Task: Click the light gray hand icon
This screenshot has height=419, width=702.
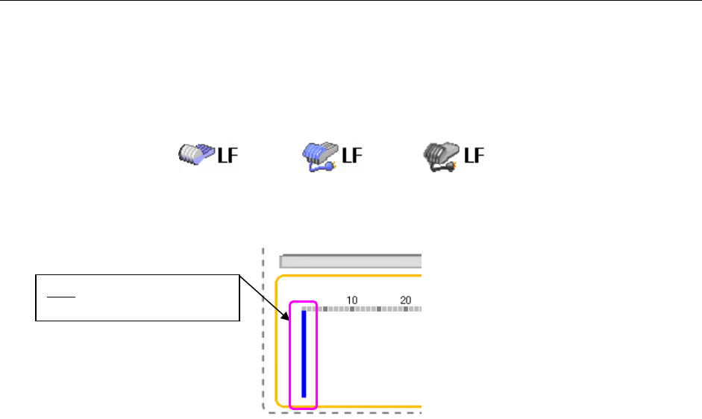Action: tap(194, 155)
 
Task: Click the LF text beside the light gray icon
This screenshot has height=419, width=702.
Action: tap(224, 155)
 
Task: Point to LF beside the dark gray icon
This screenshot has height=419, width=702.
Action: tap(474, 155)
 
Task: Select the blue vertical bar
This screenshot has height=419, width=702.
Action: tap(304, 353)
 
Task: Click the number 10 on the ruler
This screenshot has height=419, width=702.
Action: tap(352, 300)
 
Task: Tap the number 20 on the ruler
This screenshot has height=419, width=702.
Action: tap(406, 300)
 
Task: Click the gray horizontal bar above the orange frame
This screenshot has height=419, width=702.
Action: tap(350, 261)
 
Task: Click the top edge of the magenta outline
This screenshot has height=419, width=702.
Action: tap(304, 301)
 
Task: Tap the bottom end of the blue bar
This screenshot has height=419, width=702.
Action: tap(304, 395)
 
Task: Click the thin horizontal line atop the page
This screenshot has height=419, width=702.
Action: tap(351, 1)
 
